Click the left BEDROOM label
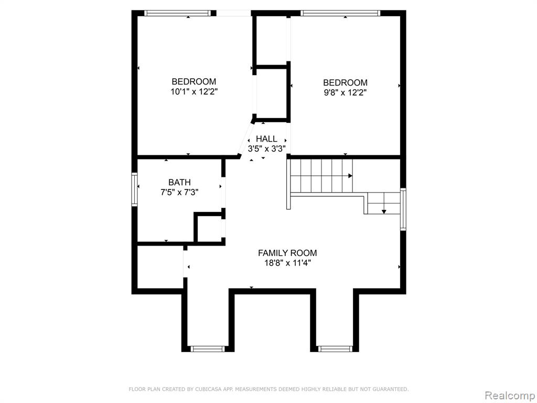coord(194,81)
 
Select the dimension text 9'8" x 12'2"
coord(345,92)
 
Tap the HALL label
coord(266,139)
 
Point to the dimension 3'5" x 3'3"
coord(267,149)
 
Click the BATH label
coord(179,182)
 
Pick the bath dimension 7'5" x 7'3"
coord(179,192)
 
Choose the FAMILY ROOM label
coord(287,253)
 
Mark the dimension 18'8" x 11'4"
coord(287,263)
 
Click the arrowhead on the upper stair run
coord(350,176)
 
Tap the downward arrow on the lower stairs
coord(384,211)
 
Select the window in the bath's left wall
coord(135,189)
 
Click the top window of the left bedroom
coord(177,13)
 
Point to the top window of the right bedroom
coord(340,13)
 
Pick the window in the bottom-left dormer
coord(208,349)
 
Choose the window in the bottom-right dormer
coord(335,349)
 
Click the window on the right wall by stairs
coord(403,209)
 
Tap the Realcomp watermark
coord(510,396)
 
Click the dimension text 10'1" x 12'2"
coord(194,91)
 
